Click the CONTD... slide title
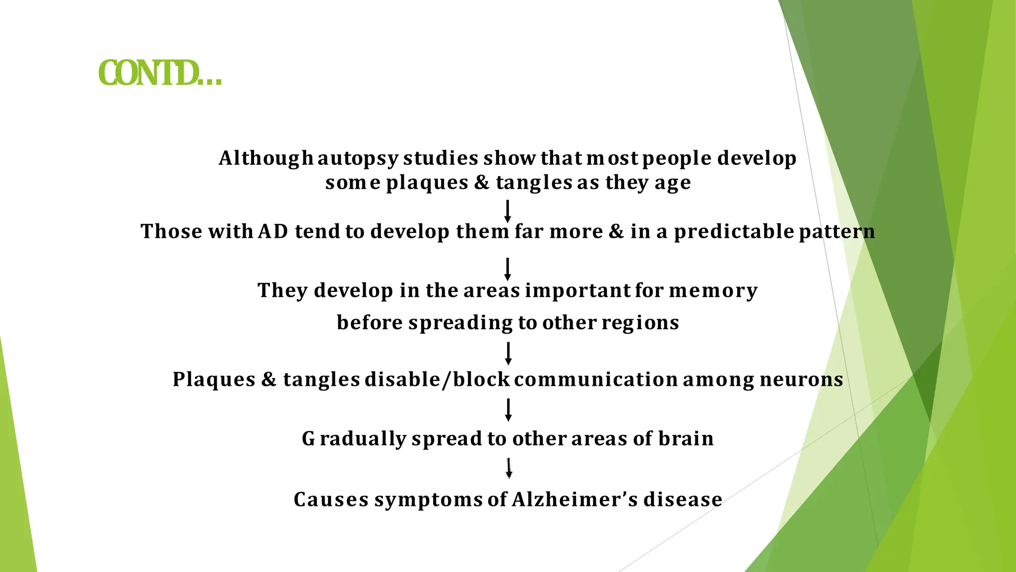[160, 73]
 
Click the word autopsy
[358, 159]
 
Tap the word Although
[266, 159]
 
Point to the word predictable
[734, 232]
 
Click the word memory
[713, 291]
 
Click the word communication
[596, 380]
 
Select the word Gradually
[353, 439]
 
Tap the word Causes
[331, 500]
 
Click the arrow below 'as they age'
[508, 212]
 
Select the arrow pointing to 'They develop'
[508, 269]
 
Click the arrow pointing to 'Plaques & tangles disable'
[508, 354]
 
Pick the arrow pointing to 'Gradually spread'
[508, 410]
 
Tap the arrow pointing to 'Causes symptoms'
[508, 468]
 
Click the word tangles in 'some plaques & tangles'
[534, 183]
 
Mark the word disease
[683, 500]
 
